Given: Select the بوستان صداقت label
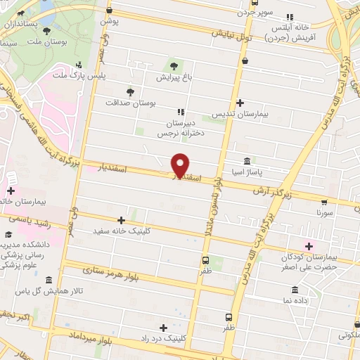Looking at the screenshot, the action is (129, 103).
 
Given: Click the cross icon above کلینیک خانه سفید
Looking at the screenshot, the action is (122, 220).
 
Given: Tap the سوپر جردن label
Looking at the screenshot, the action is (255, 12).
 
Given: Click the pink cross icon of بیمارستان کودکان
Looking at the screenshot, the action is (307, 245).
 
